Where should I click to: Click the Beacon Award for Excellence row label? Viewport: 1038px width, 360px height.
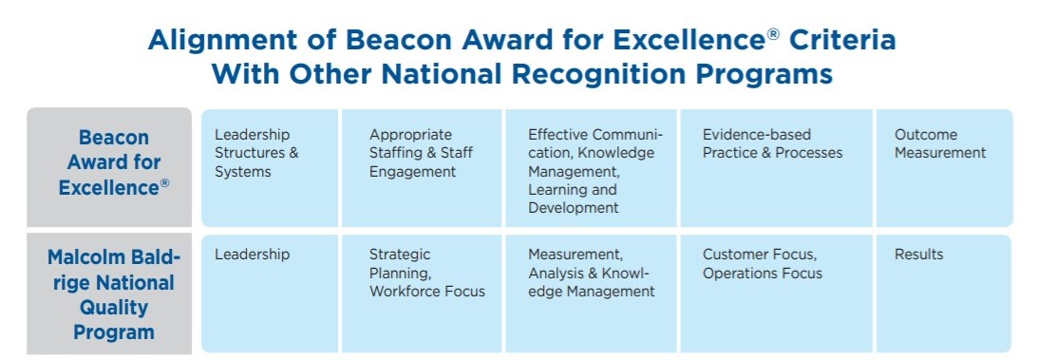pos(109,167)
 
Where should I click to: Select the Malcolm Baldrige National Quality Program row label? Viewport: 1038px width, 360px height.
pos(109,294)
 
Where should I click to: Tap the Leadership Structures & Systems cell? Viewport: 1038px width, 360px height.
pos(270,167)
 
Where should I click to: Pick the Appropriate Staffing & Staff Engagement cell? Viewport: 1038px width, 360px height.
pos(422,167)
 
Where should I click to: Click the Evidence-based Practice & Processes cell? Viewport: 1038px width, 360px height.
pos(776,167)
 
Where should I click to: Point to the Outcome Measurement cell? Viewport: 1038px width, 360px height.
pos(944,167)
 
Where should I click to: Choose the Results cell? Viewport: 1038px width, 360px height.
pos(944,294)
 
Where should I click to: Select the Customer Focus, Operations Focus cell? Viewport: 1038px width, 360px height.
pos(776,294)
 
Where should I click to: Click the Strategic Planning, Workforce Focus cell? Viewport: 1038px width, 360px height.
pos(422,294)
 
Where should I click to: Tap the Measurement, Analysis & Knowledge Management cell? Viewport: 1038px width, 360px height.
pos(591,294)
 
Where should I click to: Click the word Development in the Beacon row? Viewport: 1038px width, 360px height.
pos(574,208)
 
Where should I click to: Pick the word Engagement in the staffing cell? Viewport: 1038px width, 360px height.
pos(412,172)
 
